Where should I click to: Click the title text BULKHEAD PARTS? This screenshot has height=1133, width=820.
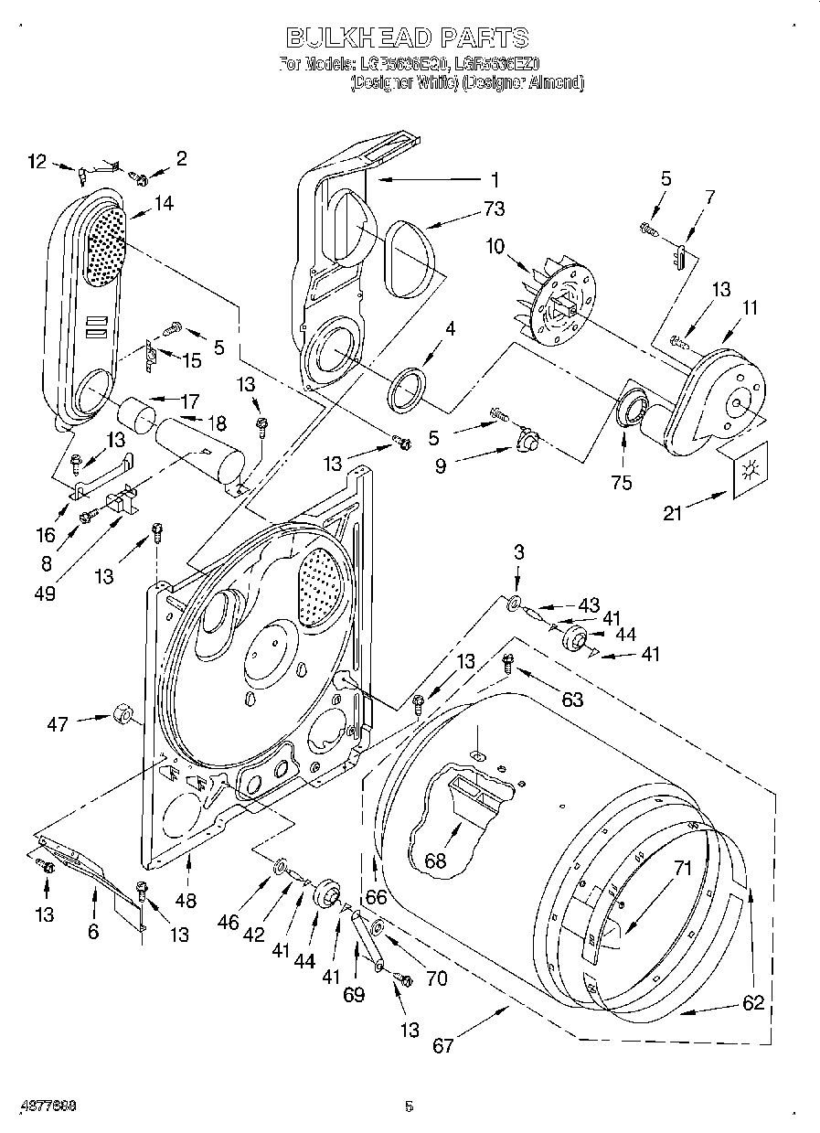pos(408,37)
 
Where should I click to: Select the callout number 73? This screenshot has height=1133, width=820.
pos(494,209)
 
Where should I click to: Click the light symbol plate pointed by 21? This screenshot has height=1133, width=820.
pos(751,469)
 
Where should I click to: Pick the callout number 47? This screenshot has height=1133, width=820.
pos(57,724)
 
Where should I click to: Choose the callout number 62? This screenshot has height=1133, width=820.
pos(752,1003)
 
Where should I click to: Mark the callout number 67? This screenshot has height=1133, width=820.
pos(443,1045)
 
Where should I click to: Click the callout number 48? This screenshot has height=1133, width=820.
pos(186,901)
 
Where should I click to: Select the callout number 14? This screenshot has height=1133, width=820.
pos(164,204)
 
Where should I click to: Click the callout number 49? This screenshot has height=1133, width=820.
pos(45,593)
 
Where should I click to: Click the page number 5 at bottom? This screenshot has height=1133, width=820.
pos(409,1106)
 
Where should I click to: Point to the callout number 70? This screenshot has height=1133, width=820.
pos(436,978)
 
